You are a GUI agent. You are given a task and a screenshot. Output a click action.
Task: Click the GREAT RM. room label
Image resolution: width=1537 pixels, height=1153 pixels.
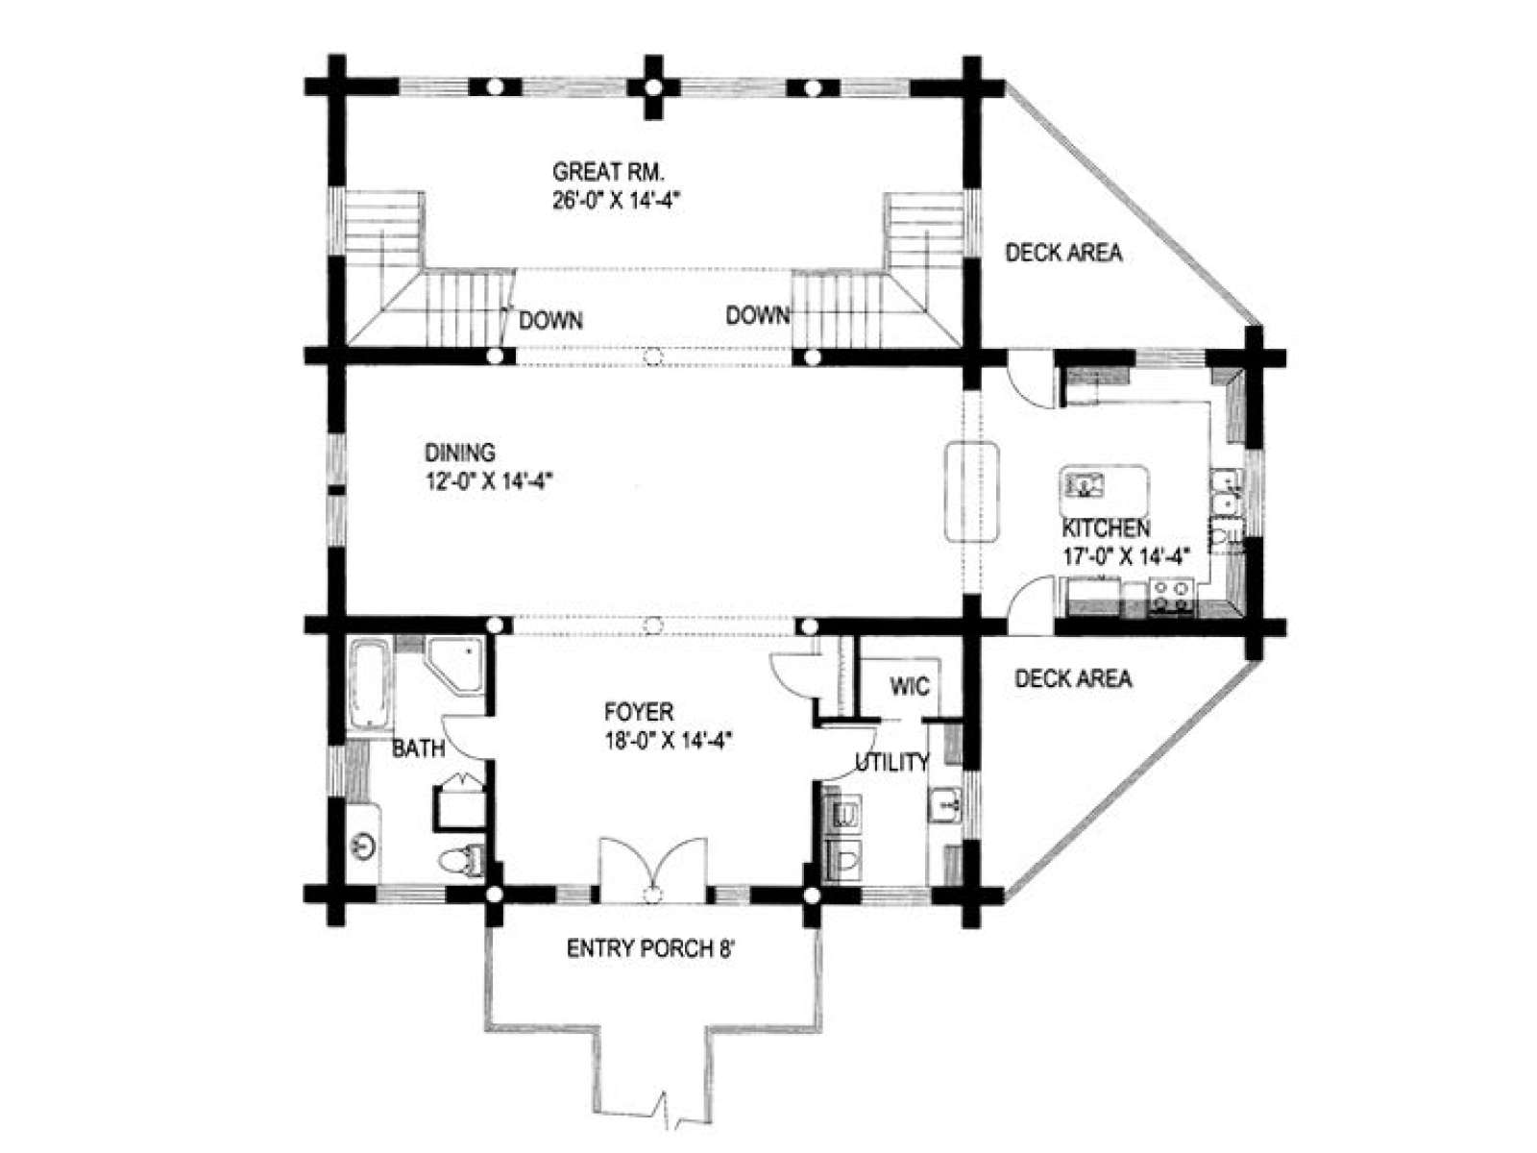[607, 171]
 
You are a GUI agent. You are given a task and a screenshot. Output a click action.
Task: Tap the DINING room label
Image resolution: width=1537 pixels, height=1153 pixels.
[459, 453]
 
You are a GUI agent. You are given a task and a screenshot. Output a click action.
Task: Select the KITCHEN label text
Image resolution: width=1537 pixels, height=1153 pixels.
[1106, 527]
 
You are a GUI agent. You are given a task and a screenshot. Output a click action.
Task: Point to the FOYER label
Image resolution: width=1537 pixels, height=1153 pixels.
[639, 712]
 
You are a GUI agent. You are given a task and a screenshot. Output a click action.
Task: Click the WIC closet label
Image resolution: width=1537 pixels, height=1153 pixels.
[910, 686]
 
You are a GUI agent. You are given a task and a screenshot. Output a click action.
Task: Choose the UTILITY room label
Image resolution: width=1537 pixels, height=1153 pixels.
[892, 762]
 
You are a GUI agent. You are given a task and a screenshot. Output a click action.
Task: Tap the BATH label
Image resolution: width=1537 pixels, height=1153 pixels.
[418, 749]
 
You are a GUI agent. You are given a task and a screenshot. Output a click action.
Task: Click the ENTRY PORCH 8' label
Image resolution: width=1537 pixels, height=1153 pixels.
[649, 949]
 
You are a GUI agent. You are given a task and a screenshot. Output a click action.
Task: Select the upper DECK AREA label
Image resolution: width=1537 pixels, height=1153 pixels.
[1063, 253]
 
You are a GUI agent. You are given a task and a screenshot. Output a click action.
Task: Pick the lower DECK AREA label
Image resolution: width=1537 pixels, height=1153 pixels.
[1073, 678]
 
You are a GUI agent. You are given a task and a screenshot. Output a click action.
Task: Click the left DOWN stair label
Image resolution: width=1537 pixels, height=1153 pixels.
[550, 321]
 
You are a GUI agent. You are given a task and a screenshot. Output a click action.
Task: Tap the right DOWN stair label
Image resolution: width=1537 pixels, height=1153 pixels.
[757, 316]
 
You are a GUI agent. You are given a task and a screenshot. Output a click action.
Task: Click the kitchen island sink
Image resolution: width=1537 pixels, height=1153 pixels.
[1084, 483]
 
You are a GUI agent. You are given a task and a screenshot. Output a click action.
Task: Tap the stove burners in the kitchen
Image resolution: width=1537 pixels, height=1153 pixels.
[1171, 595]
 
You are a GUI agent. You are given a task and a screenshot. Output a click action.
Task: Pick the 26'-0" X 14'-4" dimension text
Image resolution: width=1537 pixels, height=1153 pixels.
[617, 202]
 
